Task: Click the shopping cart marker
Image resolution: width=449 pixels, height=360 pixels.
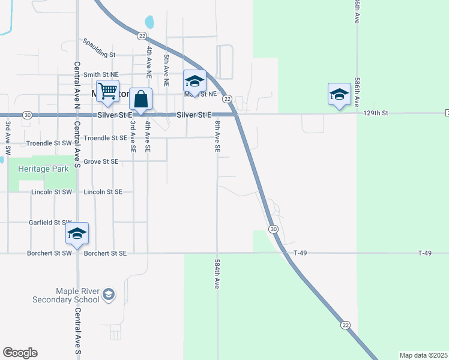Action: tap(108, 92)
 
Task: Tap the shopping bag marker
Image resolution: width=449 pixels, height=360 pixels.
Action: tap(140, 99)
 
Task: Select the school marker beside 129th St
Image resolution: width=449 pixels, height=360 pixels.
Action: tap(339, 94)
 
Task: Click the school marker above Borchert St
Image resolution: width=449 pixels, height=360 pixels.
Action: tap(77, 233)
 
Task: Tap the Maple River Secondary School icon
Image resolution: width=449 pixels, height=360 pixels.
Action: tap(109, 294)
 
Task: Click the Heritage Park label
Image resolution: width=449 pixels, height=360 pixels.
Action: tap(43, 169)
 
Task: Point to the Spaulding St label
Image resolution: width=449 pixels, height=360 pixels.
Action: tap(100, 54)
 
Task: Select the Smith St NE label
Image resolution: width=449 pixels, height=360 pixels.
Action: tap(101, 75)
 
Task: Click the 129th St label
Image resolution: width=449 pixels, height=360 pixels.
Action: tap(376, 113)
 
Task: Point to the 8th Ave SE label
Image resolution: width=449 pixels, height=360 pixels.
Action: tap(217, 136)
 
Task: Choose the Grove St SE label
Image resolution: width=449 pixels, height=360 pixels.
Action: tap(101, 161)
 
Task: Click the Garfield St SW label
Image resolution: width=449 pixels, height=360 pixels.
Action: tap(50, 222)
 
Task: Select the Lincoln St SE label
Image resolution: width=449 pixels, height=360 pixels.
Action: tap(103, 192)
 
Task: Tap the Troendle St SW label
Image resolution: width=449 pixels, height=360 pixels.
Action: tap(49, 144)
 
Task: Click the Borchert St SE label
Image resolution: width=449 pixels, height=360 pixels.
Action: tap(106, 253)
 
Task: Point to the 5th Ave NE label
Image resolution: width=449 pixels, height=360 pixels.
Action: tap(166, 67)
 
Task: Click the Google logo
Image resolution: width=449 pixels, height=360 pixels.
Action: tap(20, 353)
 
